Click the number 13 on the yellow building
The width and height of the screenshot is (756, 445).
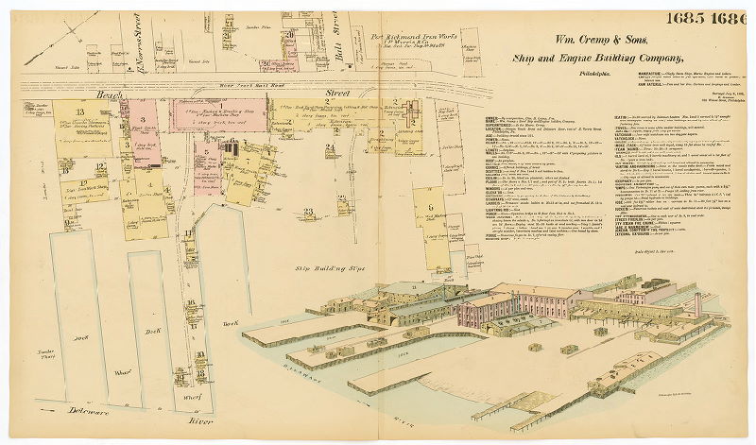point(67,111)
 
